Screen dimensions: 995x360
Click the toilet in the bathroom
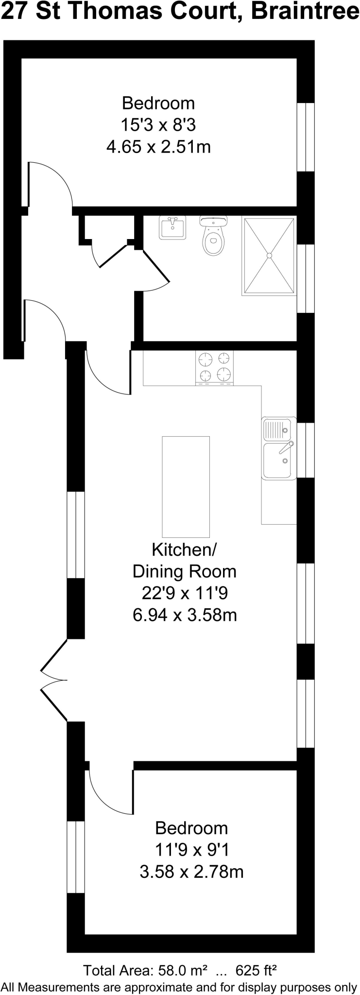tap(214, 238)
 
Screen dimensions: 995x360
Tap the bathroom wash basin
tap(172, 227)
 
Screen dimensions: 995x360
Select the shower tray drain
tap(270, 255)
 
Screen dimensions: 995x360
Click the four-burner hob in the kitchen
tap(214, 367)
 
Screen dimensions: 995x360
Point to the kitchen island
tap(186, 486)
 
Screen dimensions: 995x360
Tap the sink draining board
tap(276, 429)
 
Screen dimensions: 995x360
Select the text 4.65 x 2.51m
tap(158, 147)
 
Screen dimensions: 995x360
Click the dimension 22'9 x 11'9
tap(185, 593)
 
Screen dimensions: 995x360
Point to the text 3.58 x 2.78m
tap(191, 872)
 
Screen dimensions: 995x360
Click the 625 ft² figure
tap(256, 971)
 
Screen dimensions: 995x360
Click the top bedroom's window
tap(306, 137)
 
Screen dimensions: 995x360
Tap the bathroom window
tap(306, 278)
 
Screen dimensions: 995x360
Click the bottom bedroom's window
tap(76, 857)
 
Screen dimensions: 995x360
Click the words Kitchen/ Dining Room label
tap(185, 561)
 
